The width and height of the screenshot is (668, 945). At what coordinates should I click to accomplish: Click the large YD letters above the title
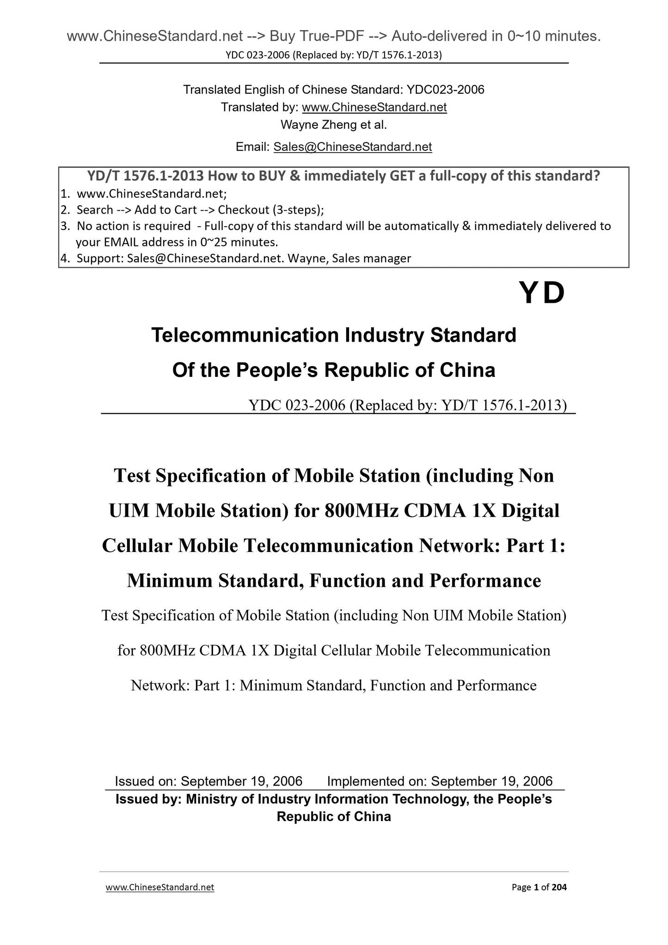(541, 294)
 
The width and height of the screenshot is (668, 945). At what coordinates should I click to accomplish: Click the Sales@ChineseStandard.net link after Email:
(352, 147)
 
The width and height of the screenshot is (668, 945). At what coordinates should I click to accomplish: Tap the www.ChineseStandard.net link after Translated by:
(374, 107)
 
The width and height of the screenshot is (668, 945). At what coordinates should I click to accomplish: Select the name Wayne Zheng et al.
(334, 125)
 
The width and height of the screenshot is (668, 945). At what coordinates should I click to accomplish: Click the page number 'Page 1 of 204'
(539, 887)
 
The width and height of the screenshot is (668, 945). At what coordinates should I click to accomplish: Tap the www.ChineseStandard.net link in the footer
(160, 887)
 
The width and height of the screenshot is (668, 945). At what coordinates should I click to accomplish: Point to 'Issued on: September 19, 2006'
(208, 781)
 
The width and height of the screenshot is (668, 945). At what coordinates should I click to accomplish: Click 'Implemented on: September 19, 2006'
(440, 781)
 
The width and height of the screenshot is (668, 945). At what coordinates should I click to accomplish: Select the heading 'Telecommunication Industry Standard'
(334, 335)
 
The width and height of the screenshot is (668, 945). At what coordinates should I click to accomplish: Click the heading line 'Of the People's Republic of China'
(334, 370)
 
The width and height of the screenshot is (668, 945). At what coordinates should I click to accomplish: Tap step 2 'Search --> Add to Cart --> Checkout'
(200, 210)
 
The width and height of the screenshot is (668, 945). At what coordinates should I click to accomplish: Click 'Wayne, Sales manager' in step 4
(349, 258)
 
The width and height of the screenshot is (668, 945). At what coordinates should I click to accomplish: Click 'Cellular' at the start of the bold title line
(137, 546)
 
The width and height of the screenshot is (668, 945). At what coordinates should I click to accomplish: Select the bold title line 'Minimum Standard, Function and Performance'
(334, 581)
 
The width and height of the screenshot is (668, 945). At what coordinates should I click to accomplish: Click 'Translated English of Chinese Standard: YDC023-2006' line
(334, 90)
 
